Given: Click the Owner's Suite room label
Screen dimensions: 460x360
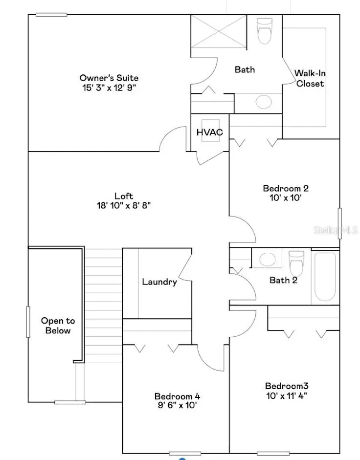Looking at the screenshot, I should point(109,78).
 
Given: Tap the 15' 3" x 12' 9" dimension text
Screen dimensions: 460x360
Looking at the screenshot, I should point(109,88).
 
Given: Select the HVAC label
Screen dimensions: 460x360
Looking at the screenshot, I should point(209,132).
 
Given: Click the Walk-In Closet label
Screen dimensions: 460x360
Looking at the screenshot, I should point(310,78).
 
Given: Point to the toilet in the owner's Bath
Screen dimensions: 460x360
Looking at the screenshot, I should point(265,30).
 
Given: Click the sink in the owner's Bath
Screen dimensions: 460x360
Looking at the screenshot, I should point(264,102).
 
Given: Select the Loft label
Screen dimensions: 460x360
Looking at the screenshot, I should point(123,196).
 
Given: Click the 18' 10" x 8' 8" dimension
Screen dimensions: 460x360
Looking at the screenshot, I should point(123,206).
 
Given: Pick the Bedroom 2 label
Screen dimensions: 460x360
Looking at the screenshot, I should point(286,188).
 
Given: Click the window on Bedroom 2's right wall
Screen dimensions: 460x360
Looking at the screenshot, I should point(340,223).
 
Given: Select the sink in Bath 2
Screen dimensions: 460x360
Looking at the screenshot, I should point(267,259).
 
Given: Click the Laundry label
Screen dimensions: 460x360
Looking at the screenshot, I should point(159,282).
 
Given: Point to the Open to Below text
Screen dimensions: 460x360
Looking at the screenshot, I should point(58,326).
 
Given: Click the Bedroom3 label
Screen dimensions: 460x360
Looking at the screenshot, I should point(287,386).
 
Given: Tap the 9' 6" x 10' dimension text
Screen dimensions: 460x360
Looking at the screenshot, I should point(177,405).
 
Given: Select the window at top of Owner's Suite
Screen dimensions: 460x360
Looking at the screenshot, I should point(51,15).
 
